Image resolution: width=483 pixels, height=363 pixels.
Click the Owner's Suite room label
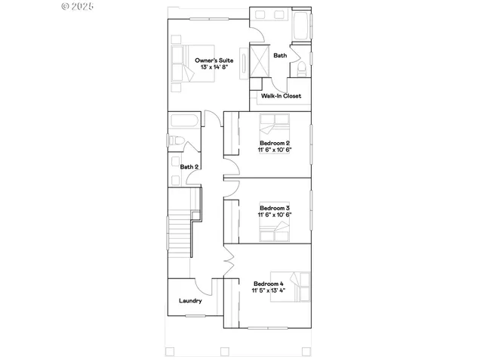[214, 60]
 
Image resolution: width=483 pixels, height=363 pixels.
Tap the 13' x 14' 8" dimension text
[214, 68]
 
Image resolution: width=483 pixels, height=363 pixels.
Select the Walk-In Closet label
[281, 96]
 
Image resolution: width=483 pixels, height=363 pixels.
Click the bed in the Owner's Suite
[183, 64]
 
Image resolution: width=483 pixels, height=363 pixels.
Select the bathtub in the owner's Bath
[300, 26]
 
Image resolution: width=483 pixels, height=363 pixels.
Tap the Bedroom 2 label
[275, 143]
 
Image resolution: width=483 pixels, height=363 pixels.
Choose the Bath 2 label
[189, 167]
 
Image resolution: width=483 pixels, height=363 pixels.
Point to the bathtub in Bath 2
[183, 122]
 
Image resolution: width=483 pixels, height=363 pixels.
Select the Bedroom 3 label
[275, 208]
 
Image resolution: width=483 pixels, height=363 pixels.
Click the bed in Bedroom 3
[275, 232]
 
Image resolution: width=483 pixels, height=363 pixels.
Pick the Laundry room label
[190, 301]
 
